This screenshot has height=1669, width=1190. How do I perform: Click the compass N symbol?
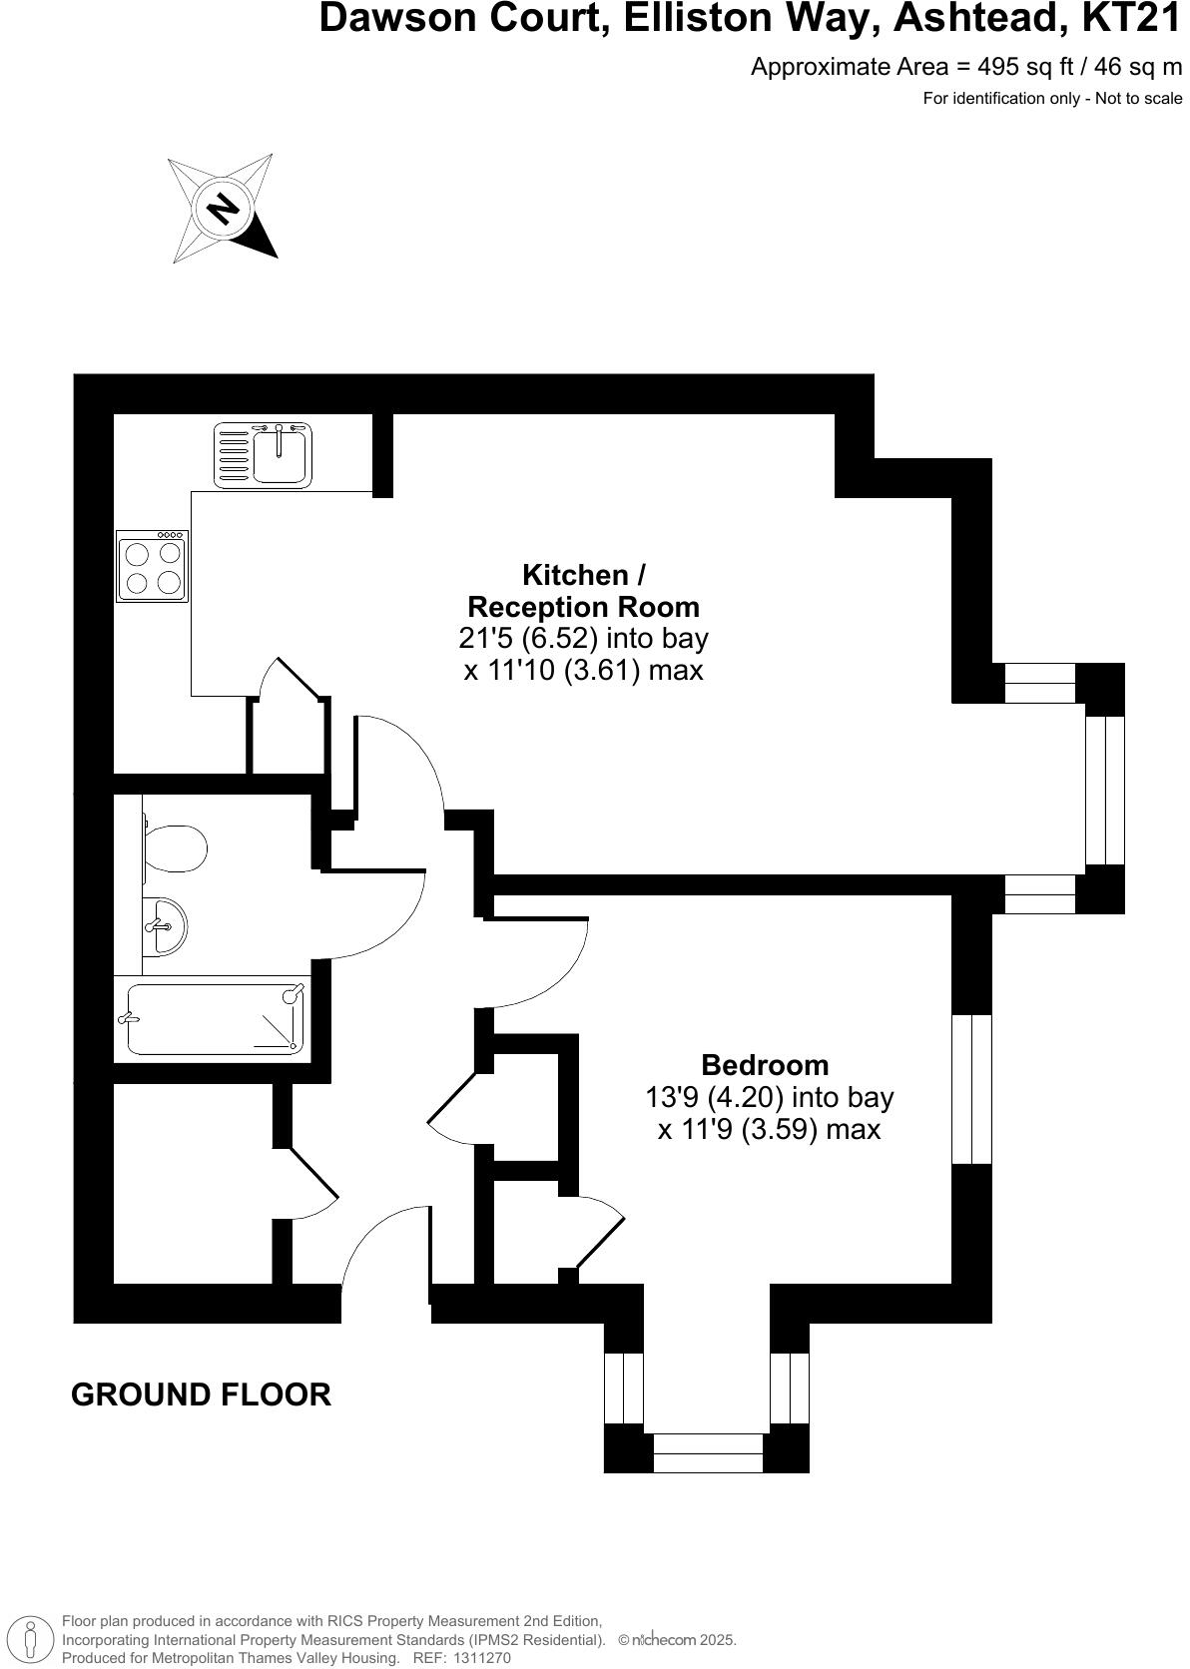coord(223,209)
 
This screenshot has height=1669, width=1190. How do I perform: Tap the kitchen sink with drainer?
coord(264,454)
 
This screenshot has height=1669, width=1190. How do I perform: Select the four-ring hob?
coord(153,567)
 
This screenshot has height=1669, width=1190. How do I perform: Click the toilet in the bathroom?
coord(175,848)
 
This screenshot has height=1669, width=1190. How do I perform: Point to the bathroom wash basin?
coord(164,925)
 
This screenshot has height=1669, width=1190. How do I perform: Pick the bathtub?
coord(214,1019)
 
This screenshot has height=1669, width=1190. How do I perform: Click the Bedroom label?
coord(765,1064)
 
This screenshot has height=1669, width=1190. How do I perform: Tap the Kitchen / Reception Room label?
coord(584,591)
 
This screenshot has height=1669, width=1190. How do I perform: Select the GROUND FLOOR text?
coord(201,1394)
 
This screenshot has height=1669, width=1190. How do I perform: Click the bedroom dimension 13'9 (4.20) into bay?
coord(770,1097)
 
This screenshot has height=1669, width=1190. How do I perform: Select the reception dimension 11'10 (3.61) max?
coord(584,670)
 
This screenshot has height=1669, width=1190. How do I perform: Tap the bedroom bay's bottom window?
coord(708,1452)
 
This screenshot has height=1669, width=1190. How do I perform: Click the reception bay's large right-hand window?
coord(1105,790)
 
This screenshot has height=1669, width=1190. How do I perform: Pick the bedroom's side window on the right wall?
coord(971,1088)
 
